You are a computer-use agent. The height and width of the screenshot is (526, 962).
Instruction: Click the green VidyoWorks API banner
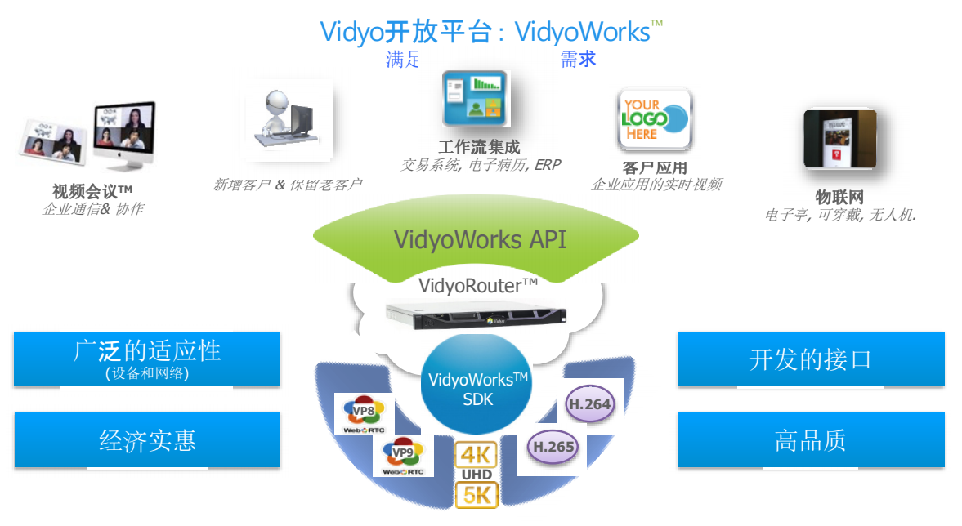[479, 238]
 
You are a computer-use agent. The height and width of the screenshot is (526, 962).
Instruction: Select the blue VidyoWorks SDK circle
[477, 389]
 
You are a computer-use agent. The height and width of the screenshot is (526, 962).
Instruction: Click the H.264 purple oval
[589, 403]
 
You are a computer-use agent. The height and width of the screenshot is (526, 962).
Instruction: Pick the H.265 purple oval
[553, 446]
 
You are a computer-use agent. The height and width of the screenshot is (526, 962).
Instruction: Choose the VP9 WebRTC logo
[403, 456]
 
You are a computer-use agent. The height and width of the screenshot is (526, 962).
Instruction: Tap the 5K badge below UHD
[477, 494]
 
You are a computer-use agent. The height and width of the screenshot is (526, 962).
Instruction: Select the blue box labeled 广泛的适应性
[147, 359]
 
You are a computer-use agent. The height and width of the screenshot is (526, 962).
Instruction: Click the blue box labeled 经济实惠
[147, 439]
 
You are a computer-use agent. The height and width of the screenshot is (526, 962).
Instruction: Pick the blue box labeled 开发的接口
[810, 359]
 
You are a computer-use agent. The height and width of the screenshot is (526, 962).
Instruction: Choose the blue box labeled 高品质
[810, 439]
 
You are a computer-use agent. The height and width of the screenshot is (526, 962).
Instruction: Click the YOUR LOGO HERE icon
[654, 120]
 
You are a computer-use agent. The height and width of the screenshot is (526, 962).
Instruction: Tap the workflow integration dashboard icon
[474, 98]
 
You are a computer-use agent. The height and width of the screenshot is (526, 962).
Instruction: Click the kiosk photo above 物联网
[839, 140]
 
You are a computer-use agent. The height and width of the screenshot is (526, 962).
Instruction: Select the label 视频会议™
[92, 191]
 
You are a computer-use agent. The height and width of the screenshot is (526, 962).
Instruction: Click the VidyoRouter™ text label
[478, 284]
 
